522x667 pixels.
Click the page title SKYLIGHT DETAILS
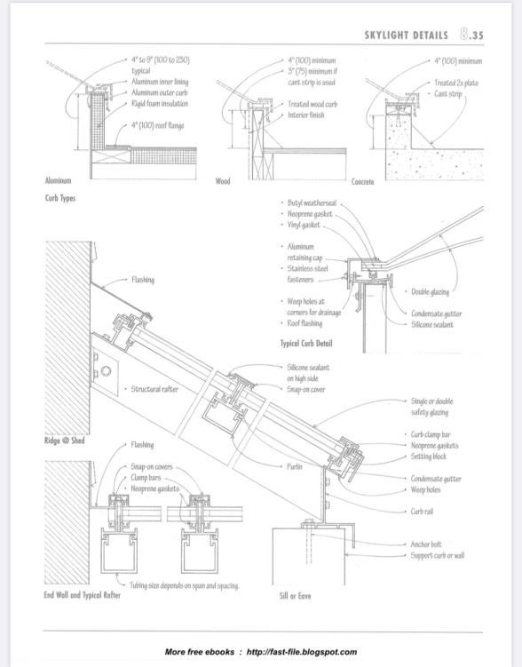tap(406, 36)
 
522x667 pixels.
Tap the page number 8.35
tap(471, 35)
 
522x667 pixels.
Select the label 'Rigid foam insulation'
tap(160, 103)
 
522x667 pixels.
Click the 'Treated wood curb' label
tap(312, 104)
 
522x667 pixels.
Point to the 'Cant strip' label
tap(447, 93)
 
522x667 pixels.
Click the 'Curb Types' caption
tap(60, 198)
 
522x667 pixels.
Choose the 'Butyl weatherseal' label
tap(312, 202)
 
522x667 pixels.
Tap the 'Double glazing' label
tap(430, 292)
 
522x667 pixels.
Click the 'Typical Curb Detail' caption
tap(306, 344)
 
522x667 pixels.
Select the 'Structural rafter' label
tap(154, 389)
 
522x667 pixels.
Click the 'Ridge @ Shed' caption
tap(65, 441)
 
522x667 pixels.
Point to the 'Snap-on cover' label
tap(306, 389)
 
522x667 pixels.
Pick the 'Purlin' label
tap(294, 466)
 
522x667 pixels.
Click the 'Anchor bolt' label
tap(426, 544)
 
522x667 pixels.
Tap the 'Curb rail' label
tap(422, 512)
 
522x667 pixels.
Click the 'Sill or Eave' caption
tap(295, 596)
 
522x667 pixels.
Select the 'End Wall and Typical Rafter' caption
tap(82, 595)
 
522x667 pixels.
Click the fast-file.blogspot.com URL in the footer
tap(302, 652)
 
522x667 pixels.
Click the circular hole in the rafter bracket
tap(107, 370)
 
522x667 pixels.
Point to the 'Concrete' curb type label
tap(362, 182)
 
